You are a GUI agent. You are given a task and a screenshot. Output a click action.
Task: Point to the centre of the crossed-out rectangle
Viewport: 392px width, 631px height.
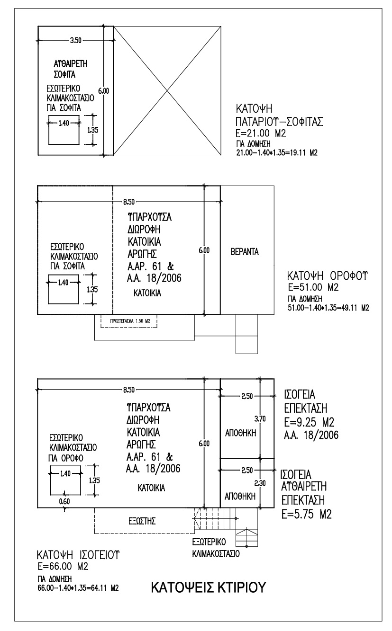click(167, 90)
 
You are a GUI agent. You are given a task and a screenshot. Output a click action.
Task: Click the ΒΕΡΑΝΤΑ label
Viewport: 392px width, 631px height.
click(244, 251)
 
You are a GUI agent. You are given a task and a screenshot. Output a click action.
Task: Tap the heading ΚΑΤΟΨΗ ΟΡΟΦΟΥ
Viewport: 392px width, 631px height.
click(328, 276)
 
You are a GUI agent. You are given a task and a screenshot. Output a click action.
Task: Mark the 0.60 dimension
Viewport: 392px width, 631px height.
click(64, 501)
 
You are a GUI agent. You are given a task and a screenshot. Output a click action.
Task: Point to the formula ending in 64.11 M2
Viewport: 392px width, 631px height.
click(77, 589)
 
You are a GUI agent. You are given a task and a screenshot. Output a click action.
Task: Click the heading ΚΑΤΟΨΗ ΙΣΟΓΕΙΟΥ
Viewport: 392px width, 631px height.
click(78, 555)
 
